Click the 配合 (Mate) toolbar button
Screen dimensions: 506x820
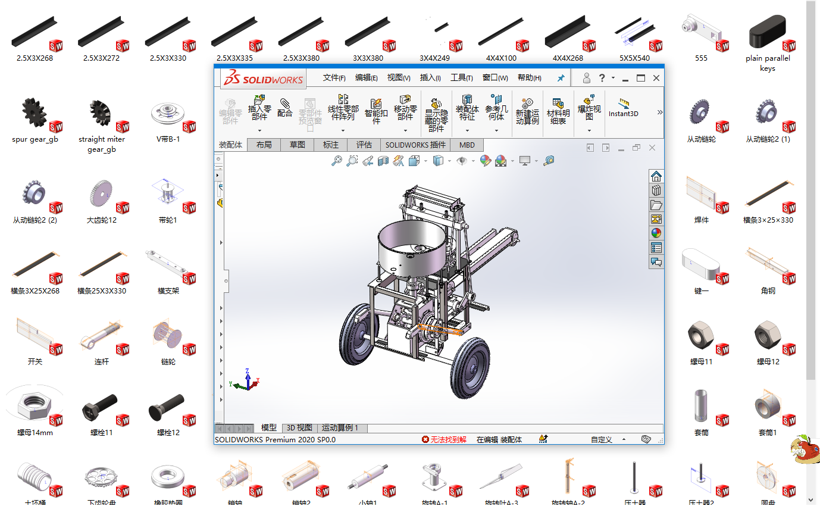pyautogui.click(x=285, y=108)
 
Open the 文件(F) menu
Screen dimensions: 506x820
pyautogui.click(x=334, y=78)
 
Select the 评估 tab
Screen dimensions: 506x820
pyautogui.click(x=364, y=145)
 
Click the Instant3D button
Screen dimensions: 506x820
pyautogui.click(x=623, y=108)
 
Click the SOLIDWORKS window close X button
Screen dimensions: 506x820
pyautogui.click(x=656, y=78)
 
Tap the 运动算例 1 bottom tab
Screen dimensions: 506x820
pyautogui.click(x=343, y=428)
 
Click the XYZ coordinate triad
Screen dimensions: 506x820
pyautogui.click(x=247, y=380)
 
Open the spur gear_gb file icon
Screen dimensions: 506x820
pyautogui.click(x=35, y=114)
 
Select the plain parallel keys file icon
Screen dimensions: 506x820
pyautogui.click(x=768, y=33)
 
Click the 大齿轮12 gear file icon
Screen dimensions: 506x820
pyautogui.click(x=101, y=195)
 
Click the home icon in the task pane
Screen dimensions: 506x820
pyautogui.click(x=656, y=176)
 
